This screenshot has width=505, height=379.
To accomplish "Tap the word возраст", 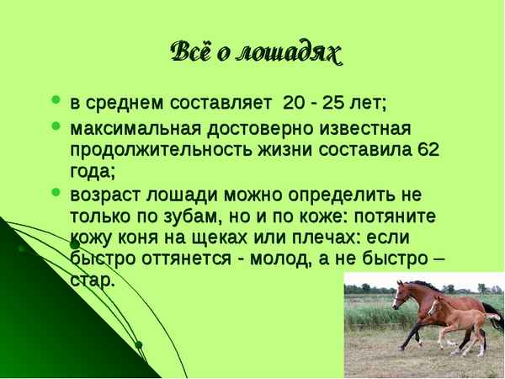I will [102, 194].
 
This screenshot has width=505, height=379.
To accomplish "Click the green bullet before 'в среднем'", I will [56, 103].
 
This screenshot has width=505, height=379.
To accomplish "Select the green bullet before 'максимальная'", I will [56, 127].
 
